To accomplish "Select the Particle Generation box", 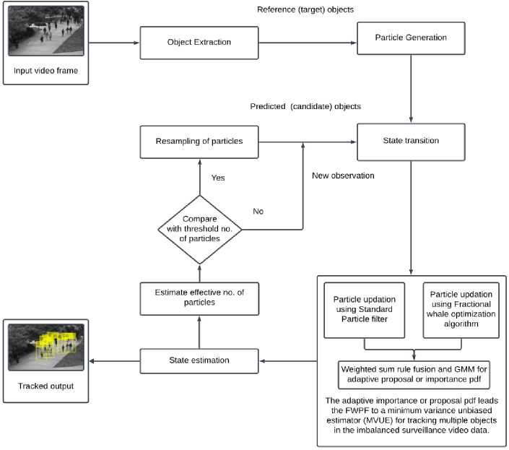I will coord(411,37).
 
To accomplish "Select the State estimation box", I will coord(199,360).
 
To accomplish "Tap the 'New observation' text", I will coord(343,175).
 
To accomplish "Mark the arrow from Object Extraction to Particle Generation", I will coord(306,43).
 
